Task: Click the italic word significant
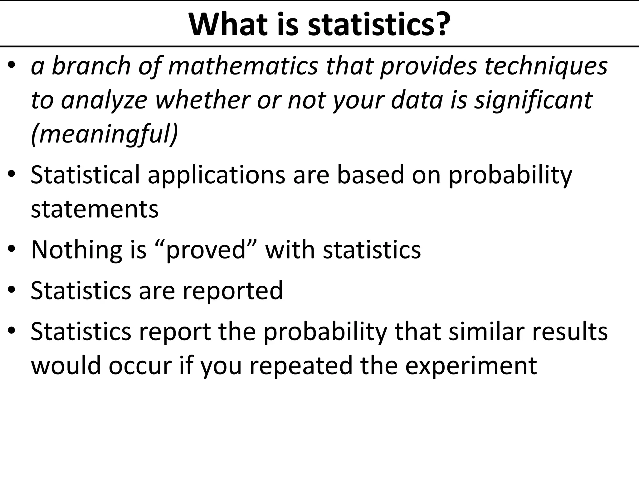[x=533, y=101]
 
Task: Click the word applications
[x=216, y=175]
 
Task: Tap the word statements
[x=95, y=209]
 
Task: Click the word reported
[x=232, y=291]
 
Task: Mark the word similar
[x=486, y=331]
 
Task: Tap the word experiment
[x=471, y=365]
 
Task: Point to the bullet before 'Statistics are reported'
[x=12, y=290]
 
